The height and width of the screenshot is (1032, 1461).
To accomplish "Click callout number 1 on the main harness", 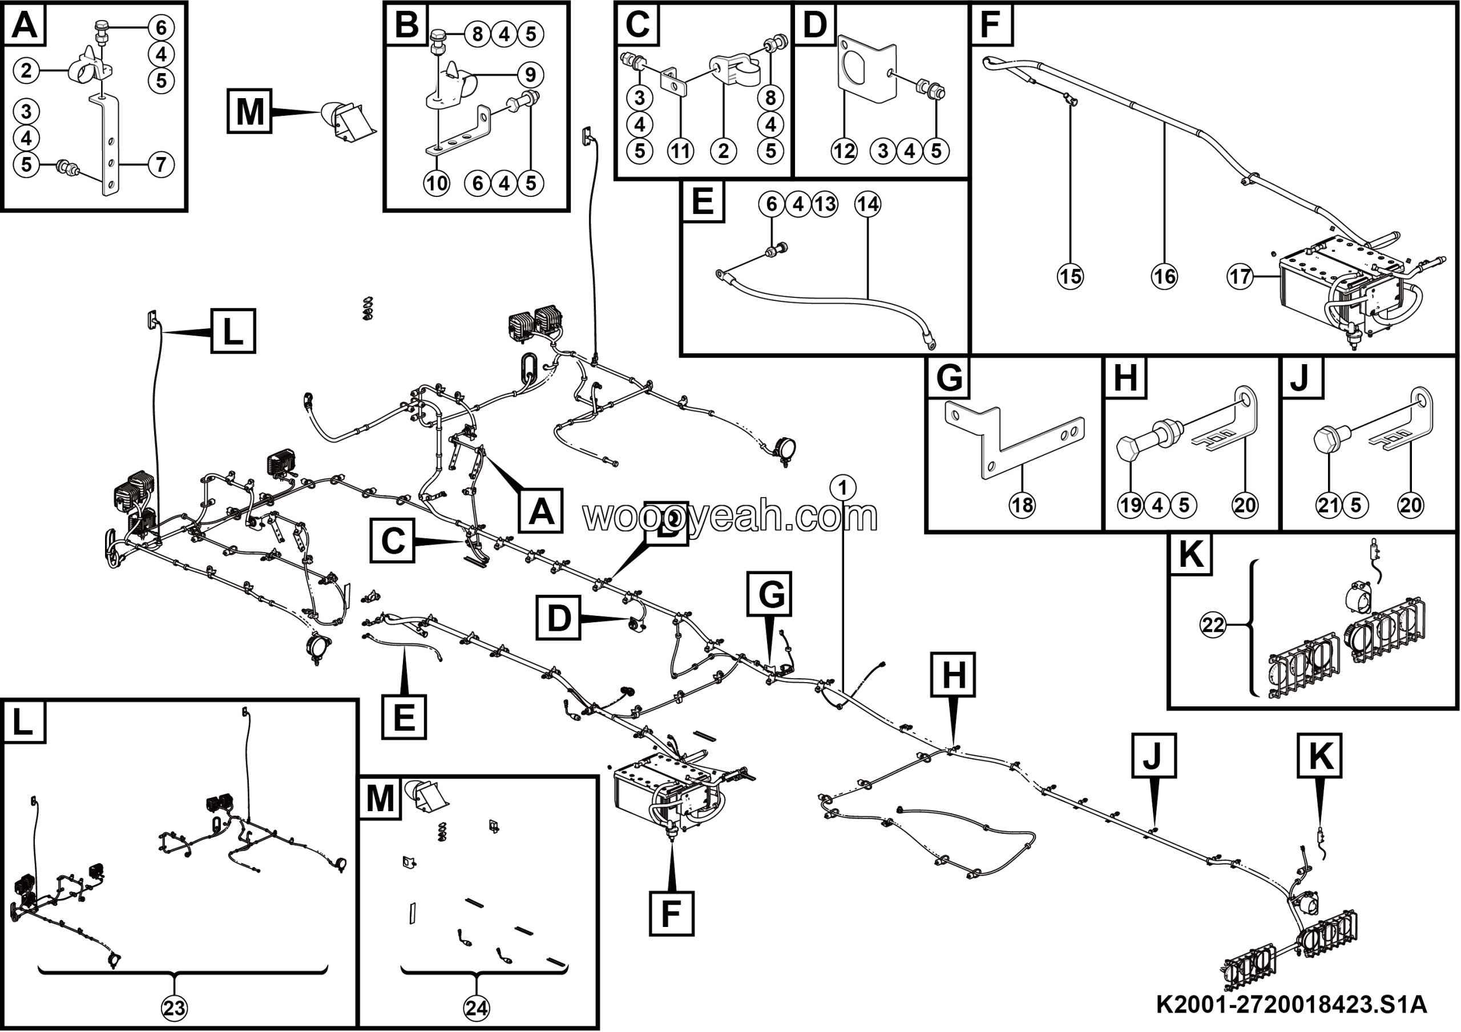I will (843, 488).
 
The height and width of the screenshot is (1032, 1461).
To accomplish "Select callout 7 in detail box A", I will (160, 165).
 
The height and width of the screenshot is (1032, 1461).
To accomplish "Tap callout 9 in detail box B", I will (530, 75).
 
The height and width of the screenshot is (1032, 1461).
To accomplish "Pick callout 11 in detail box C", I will (680, 151).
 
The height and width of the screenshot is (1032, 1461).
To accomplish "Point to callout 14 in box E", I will (868, 204).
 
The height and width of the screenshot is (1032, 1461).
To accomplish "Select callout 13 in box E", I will (825, 204).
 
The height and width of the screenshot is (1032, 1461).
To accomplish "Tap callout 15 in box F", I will (1070, 277).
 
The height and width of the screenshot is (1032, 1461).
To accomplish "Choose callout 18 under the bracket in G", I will (1022, 505).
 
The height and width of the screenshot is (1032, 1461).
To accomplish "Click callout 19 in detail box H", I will (1131, 505).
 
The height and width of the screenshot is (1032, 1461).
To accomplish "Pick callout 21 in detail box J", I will (1329, 505).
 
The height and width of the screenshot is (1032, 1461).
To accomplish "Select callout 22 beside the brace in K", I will (1213, 625).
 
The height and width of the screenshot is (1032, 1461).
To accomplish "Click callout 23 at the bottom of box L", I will (175, 1008).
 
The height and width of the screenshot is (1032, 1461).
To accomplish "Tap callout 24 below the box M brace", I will (477, 1008).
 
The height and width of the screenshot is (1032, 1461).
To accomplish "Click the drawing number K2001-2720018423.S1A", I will (1291, 1005).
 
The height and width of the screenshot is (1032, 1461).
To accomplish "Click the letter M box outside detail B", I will (249, 111).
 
